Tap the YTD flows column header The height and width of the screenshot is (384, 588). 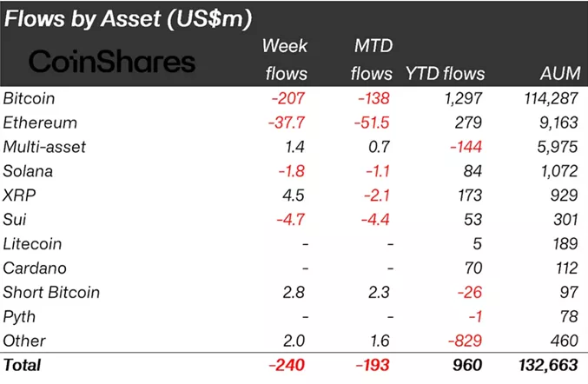click(445, 74)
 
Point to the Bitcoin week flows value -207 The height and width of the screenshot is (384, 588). click(289, 98)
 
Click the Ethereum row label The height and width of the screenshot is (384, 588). click(40, 122)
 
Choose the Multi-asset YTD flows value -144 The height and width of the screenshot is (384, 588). click(466, 147)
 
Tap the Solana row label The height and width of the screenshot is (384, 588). click(29, 171)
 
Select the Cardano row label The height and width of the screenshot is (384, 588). click(35, 268)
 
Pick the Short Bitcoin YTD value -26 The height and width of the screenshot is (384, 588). click(471, 293)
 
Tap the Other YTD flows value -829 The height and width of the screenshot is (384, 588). click(466, 341)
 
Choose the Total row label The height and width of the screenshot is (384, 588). click(23, 366)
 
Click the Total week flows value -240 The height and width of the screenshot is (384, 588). click(288, 366)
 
